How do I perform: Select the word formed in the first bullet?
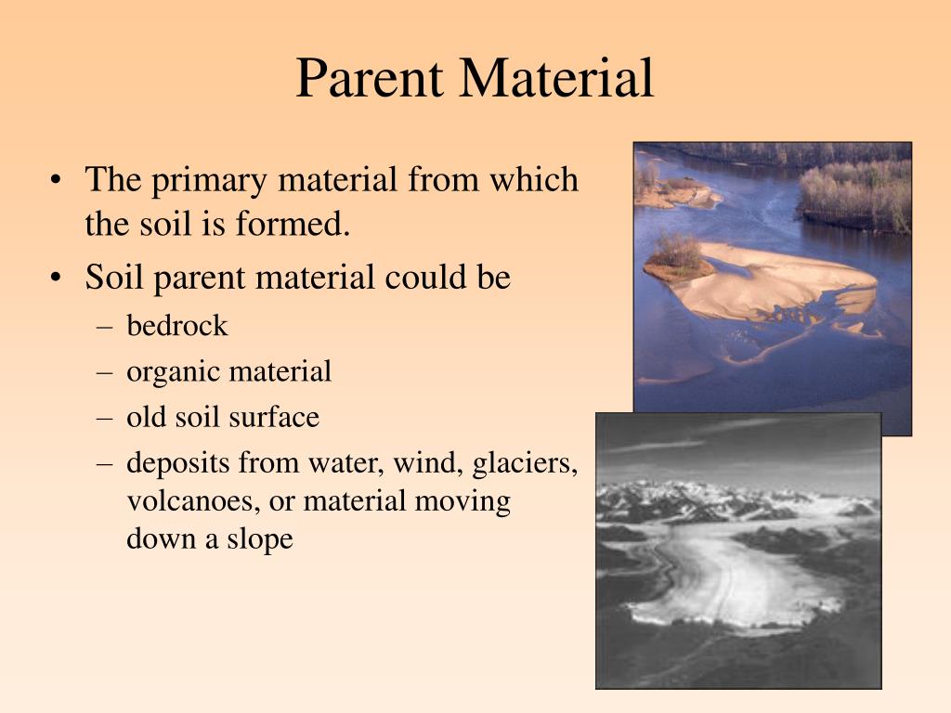tap(306, 225)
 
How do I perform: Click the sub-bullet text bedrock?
tap(177, 326)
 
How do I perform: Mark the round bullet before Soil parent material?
tap(59, 279)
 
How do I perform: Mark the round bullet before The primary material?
tap(59, 181)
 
